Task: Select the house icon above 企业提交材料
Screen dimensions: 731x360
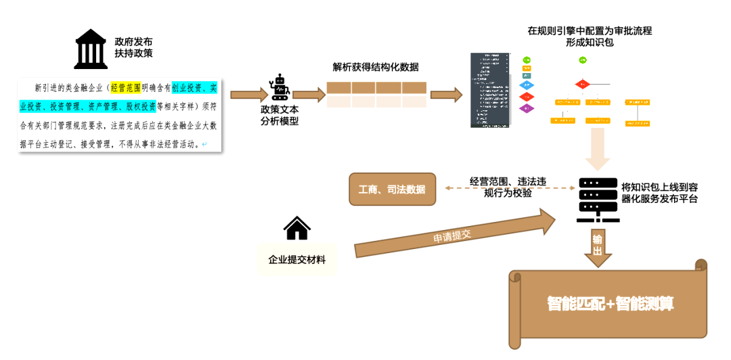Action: pyautogui.click(x=297, y=229)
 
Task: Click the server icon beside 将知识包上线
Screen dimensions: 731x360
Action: pyautogui.click(x=598, y=200)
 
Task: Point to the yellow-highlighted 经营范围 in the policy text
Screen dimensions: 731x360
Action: pyautogui.click(x=125, y=88)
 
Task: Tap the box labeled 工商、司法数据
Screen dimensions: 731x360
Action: pyautogui.click(x=393, y=189)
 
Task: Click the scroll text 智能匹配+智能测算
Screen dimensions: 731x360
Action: pyautogui.click(x=610, y=304)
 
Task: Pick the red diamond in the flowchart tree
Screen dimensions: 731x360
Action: pyautogui.click(x=583, y=85)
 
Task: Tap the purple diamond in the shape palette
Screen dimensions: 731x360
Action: pyautogui.click(x=527, y=108)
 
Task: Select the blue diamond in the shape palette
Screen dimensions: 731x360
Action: pyautogui.click(x=527, y=85)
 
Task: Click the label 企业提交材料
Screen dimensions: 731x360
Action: pyautogui.click(x=297, y=259)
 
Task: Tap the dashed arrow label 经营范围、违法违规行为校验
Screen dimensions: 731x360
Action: pyautogui.click(x=508, y=187)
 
